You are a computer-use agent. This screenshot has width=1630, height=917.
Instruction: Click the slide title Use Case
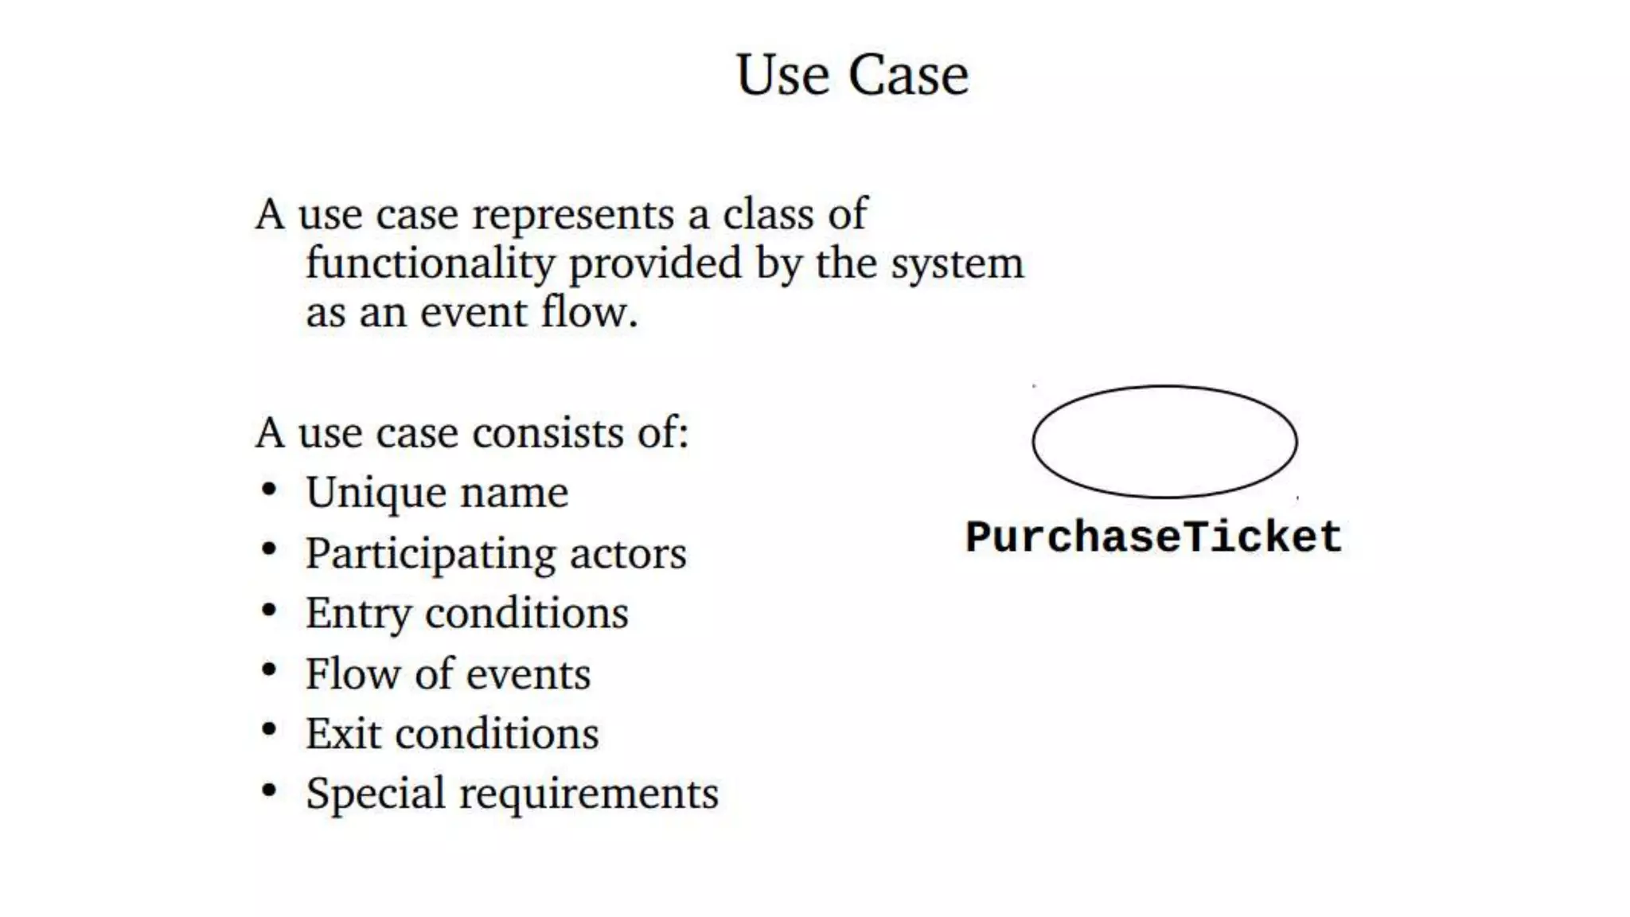[x=852, y=75]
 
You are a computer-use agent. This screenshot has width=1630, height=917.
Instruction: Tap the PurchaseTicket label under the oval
[x=1153, y=537]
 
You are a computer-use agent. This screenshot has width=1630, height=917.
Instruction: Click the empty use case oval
[x=1164, y=442]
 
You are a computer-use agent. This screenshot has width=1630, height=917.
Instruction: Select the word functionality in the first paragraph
[x=430, y=263]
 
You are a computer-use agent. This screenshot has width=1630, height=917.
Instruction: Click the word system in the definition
[x=957, y=263]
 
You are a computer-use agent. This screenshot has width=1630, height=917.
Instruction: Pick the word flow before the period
[x=584, y=311]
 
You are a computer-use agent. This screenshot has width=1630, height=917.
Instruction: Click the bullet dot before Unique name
[x=269, y=489]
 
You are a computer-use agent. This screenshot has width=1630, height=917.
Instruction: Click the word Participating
[x=430, y=554]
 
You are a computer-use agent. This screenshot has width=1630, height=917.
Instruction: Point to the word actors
[x=628, y=554]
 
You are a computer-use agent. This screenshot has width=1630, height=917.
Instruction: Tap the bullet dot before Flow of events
[x=269, y=670]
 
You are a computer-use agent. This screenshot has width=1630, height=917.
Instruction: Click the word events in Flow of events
[x=528, y=674]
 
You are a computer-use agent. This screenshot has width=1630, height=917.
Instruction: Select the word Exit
[x=343, y=733]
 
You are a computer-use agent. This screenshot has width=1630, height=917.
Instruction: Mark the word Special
[x=375, y=794]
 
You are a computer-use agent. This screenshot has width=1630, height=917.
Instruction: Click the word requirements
[x=589, y=794]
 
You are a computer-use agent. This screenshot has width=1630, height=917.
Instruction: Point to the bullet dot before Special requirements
[x=269, y=790]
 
